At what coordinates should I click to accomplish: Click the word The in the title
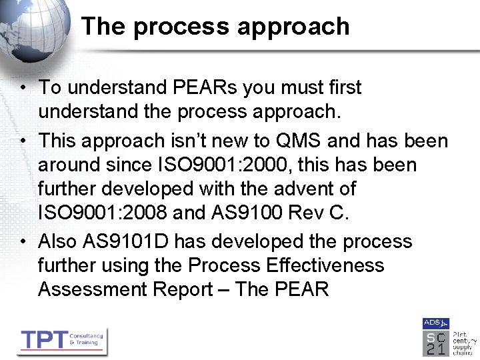pos(103,27)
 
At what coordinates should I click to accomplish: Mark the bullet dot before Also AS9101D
pos(23,241)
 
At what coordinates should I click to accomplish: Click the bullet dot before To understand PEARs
pos(23,87)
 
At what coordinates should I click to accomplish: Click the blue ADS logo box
pos(435,323)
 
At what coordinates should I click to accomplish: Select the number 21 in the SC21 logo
pos(435,349)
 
